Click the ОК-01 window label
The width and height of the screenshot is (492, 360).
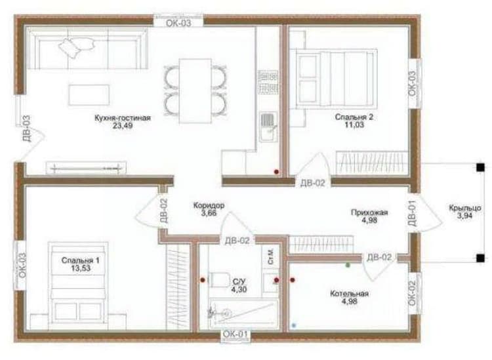(236, 334)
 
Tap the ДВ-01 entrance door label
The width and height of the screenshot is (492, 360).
(413, 213)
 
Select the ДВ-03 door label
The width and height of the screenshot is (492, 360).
(26, 129)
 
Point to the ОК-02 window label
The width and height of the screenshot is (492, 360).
(413, 293)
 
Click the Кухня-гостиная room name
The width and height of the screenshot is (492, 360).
(123, 118)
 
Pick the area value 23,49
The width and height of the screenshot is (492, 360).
(123, 126)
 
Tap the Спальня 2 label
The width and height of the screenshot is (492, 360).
(354, 117)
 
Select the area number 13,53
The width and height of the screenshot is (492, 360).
(81, 268)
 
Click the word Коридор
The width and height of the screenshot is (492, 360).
(209, 205)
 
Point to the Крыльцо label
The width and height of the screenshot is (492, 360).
(464, 208)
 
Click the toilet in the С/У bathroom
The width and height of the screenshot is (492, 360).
(219, 280)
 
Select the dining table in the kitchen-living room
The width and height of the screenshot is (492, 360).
(195, 90)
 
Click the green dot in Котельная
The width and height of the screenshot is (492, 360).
(348, 266)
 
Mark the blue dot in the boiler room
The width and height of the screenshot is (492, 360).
(294, 325)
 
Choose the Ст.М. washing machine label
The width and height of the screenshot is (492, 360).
(271, 256)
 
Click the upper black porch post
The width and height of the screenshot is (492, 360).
(480, 167)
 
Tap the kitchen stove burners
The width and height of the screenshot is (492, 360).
(268, 82)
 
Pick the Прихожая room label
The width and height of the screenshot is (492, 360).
(369, 212)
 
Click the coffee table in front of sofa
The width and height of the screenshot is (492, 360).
(89, 94)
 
